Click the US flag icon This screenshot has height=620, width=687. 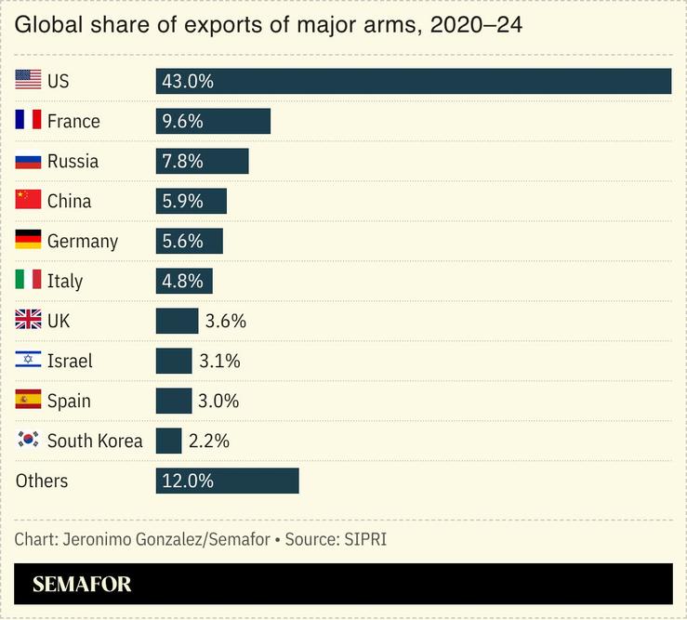(x=29, y=81)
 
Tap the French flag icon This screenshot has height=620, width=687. (x=29, y=121)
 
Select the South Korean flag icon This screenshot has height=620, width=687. (x=29, y=441)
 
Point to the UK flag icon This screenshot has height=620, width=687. (x=29, y=321)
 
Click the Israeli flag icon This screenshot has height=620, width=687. (x=29, y=361)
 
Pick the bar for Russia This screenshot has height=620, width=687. (x=202, y=161)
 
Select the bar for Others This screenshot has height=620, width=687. (x=227, y=481)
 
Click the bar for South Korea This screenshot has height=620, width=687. (x=168, y=441)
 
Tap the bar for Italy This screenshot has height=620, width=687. (x=184, y=281)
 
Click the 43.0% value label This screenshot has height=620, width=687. (x=187, y=81)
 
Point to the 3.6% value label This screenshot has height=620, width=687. (x=225, y=321)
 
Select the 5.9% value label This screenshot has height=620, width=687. (x=182, y=201)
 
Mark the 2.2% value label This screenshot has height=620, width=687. (x=208, y=441)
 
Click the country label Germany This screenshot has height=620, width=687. (x=83, y=241)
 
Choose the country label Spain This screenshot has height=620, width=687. (x=69, y=401)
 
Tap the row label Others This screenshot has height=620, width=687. (x=42, y=481)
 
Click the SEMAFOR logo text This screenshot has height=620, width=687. (x=82, y=585)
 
